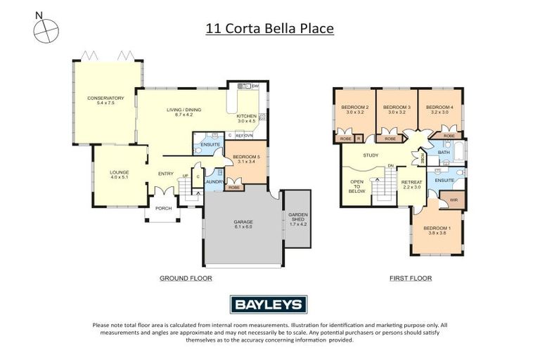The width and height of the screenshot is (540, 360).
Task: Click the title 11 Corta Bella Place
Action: [x=269, y=29]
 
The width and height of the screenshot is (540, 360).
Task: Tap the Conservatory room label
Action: [x=105, y=101]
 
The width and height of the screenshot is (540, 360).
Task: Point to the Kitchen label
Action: [x=246, y=118]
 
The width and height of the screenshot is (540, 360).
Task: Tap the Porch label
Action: [x=164, y=207]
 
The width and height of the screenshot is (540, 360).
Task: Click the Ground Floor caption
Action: [x=186, y=278]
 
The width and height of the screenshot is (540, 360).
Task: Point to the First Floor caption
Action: [x=411, y=278]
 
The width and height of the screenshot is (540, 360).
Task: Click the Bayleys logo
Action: [x=269, y=304]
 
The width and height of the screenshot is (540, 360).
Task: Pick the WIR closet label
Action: [x=454, y=200]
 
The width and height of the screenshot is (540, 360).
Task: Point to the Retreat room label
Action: [x=411, y=184]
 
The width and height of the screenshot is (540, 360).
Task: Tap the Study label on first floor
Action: [x=371, y=155]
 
